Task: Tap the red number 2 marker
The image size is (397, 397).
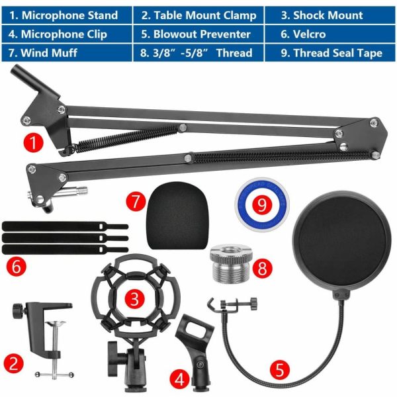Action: [x=13, y=362]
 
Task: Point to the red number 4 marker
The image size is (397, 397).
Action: [x=179, y=379]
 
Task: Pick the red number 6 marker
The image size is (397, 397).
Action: [x=15, y=267]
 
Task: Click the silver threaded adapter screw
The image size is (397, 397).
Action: [x=228, y=264]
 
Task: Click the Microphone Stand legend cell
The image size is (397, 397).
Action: [x=66, y=15]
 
